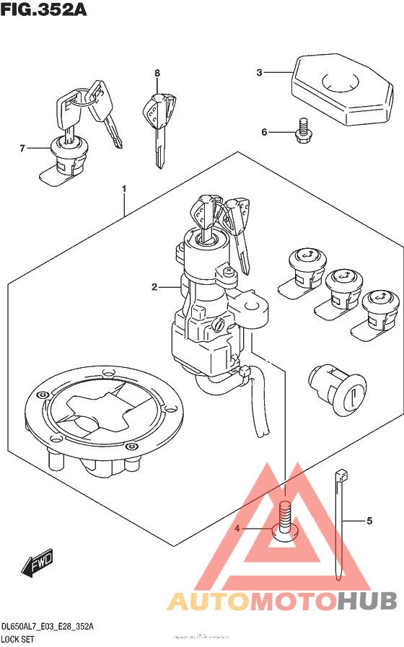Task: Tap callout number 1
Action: (124, 189)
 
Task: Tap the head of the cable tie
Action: (340, 477)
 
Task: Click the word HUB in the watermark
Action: (366, 601)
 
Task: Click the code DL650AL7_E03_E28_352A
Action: (48, 627)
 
